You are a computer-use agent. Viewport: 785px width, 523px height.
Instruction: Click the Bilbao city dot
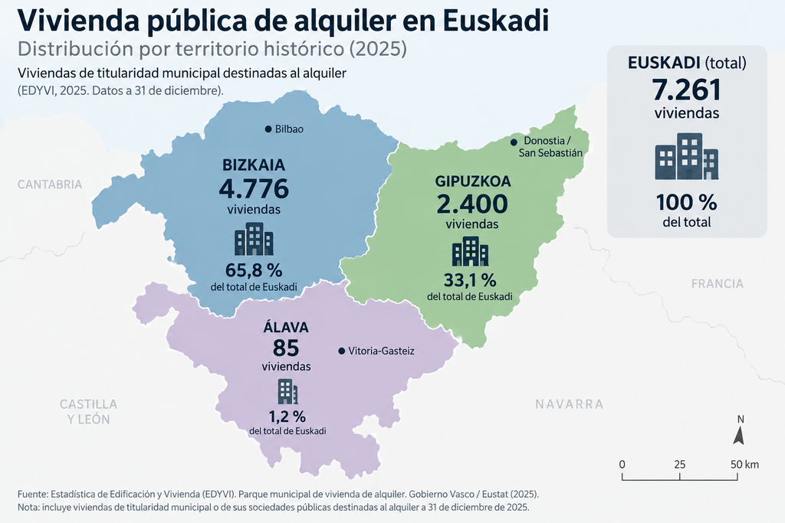[x=268, y=129]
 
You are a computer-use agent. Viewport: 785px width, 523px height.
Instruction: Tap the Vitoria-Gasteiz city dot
[x=341, y=351]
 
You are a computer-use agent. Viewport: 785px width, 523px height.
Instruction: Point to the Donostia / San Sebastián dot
[x=514, y=142]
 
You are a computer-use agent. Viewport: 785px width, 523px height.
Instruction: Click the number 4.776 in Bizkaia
[x=254, y=188]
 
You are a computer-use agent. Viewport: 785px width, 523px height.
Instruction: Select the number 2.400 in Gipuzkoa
[x=472, y=204]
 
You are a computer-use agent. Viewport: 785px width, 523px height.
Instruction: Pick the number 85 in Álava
[x=286, y=348]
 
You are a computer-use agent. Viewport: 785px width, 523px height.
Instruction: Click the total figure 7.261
[x=687, y=90]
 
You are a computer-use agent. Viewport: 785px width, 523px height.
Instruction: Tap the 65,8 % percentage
[x=254, y=270]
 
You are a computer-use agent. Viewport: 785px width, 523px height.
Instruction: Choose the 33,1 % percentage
[x=470, y=280]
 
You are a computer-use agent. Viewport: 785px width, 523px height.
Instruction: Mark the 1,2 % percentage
[x=287, y=417]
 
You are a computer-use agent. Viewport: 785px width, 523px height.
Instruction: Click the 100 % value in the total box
[x=687, y=202]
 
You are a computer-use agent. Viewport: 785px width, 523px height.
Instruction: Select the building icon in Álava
[x=288, y=391]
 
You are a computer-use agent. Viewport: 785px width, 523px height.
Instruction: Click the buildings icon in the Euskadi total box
[x=687, y=156]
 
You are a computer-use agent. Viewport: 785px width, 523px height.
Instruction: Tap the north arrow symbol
[x=739, y=436]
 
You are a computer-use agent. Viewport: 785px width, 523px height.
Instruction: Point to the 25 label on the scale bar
[x=679, y=465]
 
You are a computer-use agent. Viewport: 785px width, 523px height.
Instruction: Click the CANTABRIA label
[x=50, y=185]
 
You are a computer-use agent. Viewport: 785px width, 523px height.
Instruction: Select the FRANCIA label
[x=718, y=284]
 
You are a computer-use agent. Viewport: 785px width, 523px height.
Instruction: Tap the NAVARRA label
[x=570, y=404]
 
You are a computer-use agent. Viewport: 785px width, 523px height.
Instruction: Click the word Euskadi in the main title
[x=496, y=21]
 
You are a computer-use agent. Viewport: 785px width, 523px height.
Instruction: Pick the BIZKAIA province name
[x=254, y=165]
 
